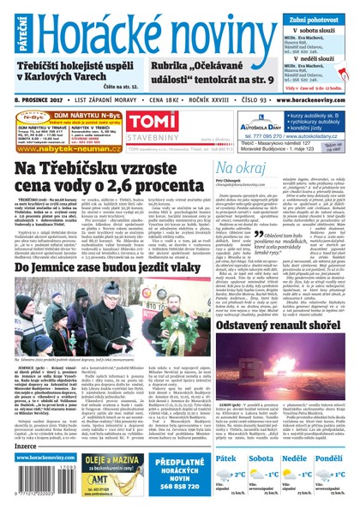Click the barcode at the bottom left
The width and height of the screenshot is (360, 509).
point(26,480)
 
